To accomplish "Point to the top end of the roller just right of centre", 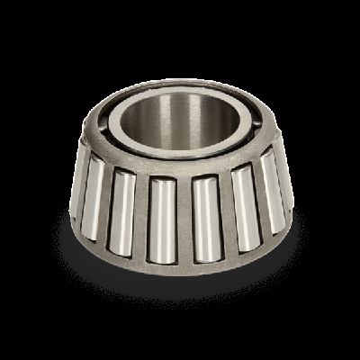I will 204,183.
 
